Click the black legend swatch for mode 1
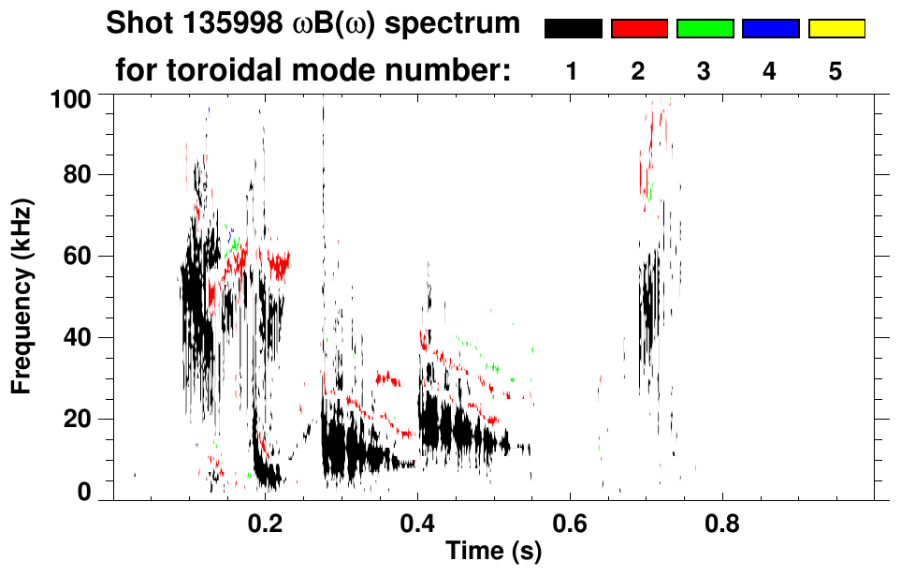(574, 29)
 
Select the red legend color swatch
(639, 29)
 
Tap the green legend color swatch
(705, 29)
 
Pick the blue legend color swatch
(770, 29)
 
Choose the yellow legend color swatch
(836, 29)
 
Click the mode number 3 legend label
(705, 71)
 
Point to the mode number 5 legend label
(836, 71)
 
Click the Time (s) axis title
(492, 553)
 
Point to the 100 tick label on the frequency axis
(73, 97)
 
